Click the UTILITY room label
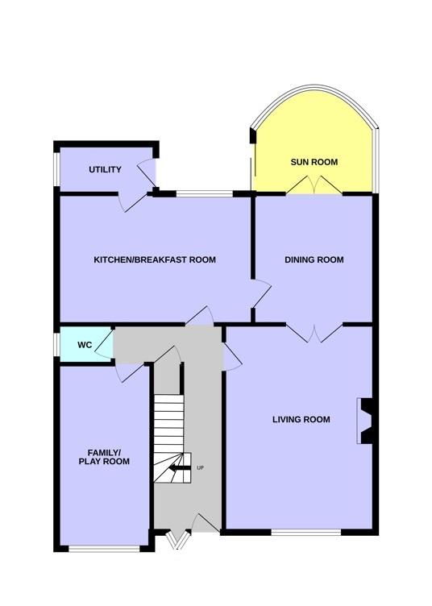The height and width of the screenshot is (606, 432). pos(105,169)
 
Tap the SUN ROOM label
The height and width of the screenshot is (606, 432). pos(314,162)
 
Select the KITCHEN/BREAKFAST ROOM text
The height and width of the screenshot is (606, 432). pos(155,259)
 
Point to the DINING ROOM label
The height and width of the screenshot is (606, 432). pos(314,259)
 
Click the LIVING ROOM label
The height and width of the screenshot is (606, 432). pos(301,419)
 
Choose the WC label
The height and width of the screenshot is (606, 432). pos(85,345)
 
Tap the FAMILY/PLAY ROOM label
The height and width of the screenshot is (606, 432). pos(104,457)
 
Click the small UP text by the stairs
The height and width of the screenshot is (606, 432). pos(200,468)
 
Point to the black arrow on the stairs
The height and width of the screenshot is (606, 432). pos(180,468)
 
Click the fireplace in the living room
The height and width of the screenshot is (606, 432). pos(365,421)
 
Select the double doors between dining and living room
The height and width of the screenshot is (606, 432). pos(314,334)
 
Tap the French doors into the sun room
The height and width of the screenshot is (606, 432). pos(314,185)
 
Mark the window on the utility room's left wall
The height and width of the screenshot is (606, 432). pos(56,169)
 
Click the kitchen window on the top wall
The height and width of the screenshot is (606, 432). pos(205,193)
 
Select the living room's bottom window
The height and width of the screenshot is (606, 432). pos(306,532)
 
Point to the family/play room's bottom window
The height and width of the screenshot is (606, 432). pos(104,549)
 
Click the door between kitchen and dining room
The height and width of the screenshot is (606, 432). pos(261,294)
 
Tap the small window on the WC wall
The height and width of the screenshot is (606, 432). pos(56,344)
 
